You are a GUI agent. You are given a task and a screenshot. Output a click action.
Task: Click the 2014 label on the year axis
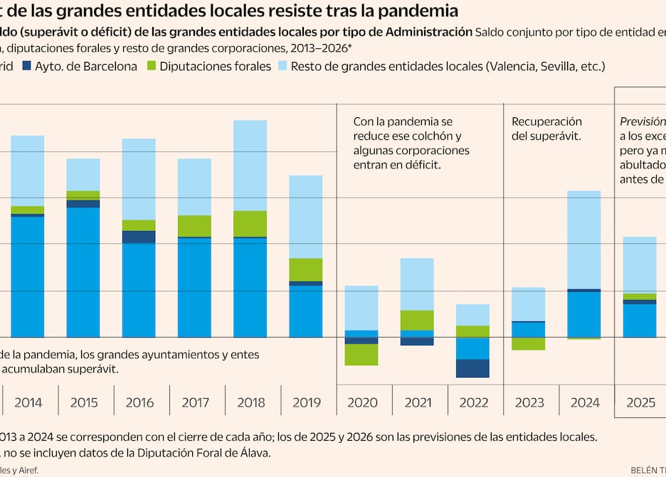point(28,402)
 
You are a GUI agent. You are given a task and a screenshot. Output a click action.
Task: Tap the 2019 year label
point(307,402)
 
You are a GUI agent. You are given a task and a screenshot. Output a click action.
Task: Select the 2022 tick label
point(474,402)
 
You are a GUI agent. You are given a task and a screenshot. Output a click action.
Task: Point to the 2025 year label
point(640,402)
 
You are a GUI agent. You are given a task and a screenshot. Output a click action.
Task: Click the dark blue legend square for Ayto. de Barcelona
point(28,66)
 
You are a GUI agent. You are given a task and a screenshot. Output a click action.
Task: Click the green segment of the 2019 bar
point(306,269)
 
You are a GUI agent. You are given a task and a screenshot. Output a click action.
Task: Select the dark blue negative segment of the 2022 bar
point(473,368)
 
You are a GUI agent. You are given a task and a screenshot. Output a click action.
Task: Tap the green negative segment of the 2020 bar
point(362,354)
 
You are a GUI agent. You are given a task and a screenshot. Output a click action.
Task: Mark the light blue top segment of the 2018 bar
point(250,165)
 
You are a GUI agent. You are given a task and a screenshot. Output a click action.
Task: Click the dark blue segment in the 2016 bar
point(139,237)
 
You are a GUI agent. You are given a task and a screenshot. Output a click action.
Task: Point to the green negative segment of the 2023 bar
point(529,343)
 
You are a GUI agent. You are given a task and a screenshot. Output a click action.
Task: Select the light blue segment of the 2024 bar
point(584,240)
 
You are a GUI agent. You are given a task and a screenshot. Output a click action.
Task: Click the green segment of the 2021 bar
point(418,320)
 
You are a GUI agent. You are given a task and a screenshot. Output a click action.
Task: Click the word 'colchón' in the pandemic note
point(431,136)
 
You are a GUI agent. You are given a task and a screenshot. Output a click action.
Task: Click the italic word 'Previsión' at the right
point(643,122)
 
